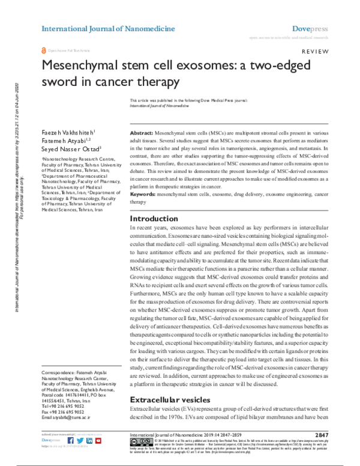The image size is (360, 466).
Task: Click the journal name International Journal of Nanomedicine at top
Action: [x=108, y=28]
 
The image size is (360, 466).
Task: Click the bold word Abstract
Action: [x=142, y=132]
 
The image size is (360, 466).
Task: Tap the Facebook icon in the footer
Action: [x=71, y=440]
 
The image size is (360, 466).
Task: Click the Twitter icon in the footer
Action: [x=80, y=440]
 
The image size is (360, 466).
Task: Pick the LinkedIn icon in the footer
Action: [x=89, y=440]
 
